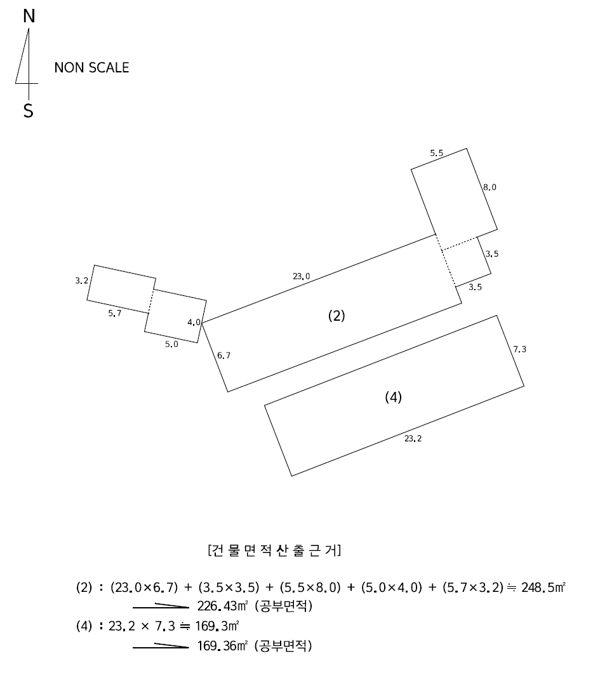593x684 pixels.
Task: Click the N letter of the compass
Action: pyautogui.click(x=29, y=16)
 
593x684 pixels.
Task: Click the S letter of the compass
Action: pyautogui.click(x=29, y=111)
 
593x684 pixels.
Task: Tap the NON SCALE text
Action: pyautogui.click(x=91, y=67)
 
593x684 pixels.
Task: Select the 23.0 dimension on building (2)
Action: pyautogui.click(x=302, y=276)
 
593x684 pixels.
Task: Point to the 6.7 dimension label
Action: pyautogui.click(x=223, y=356)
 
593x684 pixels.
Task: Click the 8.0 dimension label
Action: pyautogui.click(x=490, y=187)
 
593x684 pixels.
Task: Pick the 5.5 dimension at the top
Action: pyautogui.click(x=436, y=153)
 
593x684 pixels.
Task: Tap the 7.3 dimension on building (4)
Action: pyautogui.click(x=519, y=349)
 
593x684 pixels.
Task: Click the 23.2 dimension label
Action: pyautogui.click(x=413, y=438)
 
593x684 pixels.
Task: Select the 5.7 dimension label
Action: pyautogui.click(x=115, y=313)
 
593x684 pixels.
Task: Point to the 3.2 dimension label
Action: pyautogui.click(x=81, y=281)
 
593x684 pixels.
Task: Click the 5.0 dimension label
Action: pyautogui.click(x=171, y=344)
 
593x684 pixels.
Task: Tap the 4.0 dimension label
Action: pyautogui.click(x=194, y=323)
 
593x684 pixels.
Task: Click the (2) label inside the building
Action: pyautogui.click(x=336, y=316)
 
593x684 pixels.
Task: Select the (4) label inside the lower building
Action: pyautogui.click(x=393, y=397)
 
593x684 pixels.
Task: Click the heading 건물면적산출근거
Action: pyautogui.click(x=275, y=551)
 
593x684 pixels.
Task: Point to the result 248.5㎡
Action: pyautogui.click(x=543, y=587)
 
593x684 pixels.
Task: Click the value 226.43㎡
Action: pyautogui.click(x=223, y=606)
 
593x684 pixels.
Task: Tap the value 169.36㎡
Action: pyautogui.click(x=223, y=646)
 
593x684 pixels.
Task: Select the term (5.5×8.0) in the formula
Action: pyautogui.click(x=310, y=587)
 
